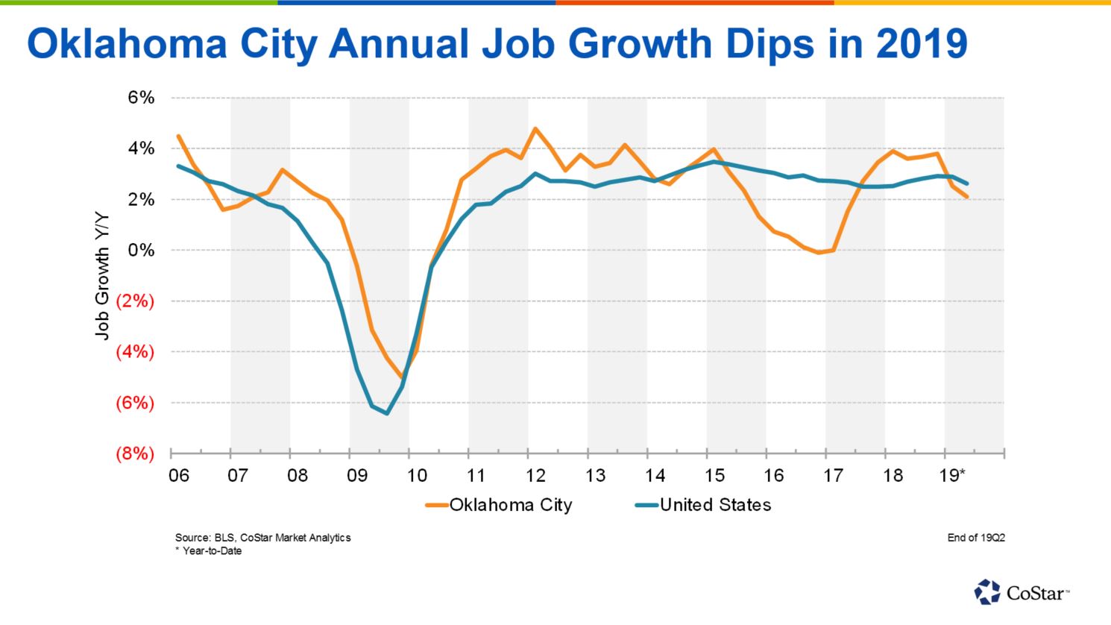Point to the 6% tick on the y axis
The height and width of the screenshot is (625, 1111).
141,98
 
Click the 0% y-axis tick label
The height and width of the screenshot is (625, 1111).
141,250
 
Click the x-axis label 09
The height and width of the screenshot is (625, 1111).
356,475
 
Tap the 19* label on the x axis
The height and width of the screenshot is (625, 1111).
952,475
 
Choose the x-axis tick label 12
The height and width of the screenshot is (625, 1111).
535,475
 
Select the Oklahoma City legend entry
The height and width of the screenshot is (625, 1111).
500,505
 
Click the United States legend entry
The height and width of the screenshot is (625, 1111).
705,505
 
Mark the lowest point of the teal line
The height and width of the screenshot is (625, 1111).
387,413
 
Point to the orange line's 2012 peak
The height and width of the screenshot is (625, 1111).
535,128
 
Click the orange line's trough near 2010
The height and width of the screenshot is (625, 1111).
403,377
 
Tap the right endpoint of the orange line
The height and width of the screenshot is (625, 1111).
968,197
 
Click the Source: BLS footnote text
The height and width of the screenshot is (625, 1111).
262,537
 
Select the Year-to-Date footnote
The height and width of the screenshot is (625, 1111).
212,551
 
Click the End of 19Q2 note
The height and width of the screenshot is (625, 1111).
975,537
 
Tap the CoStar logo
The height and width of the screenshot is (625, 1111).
1022,593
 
